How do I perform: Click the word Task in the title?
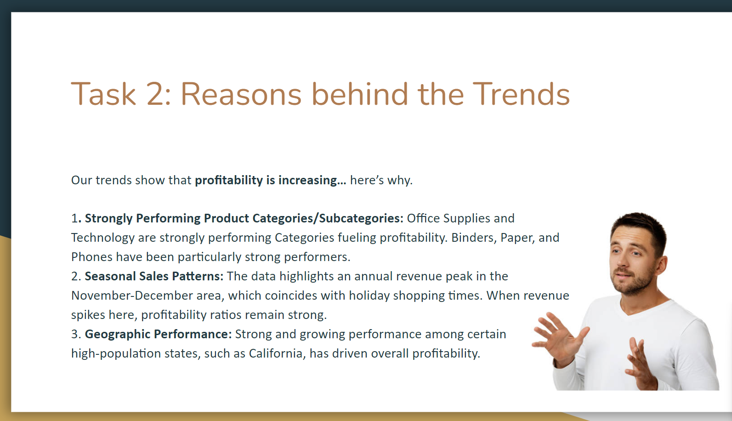103,94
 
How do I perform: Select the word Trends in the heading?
521,94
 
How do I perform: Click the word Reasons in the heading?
241,94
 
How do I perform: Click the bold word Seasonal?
110,276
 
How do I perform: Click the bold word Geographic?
118,335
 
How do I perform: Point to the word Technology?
103,238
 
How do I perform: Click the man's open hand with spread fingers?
559,340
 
